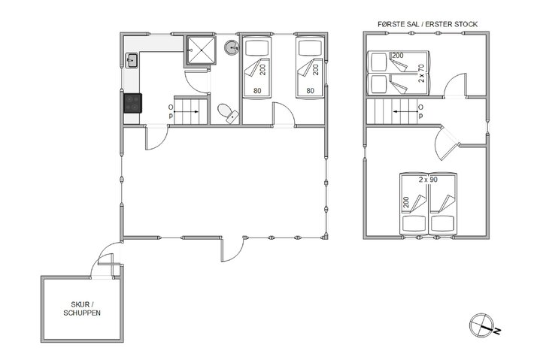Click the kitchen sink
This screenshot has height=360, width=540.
[131, 61]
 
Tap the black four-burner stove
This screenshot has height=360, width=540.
[133, 102]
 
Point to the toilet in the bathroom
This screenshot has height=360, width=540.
[226, 113]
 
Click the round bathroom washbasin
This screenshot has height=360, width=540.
[232, 50]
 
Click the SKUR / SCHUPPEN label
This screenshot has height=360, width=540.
[82, 308]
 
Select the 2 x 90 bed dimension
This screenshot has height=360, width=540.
[428, 180]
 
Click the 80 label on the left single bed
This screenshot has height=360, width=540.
[257, 92]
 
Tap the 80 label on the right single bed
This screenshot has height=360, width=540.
[309, 92]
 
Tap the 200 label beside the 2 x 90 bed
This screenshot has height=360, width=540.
[406, 201]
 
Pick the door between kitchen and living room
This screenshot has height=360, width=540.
[156, 138]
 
